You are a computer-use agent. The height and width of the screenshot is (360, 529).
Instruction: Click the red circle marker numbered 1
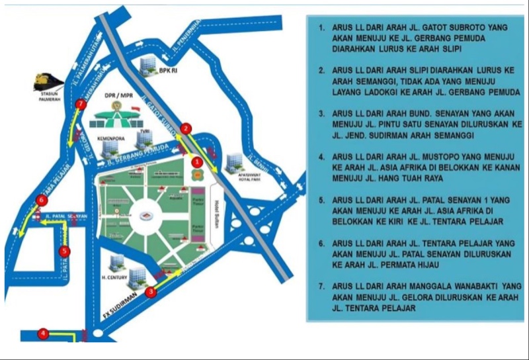click(196, 160)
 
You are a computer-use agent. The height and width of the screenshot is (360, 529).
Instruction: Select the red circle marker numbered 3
click(151, 291)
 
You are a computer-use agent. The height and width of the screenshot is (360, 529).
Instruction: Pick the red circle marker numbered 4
click(43, 334)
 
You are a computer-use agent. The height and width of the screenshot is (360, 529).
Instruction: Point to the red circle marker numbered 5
click(64, 251)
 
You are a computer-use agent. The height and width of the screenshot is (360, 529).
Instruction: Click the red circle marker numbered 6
click(42, 200)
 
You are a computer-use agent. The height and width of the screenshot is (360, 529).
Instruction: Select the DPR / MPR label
click(120, 95)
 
